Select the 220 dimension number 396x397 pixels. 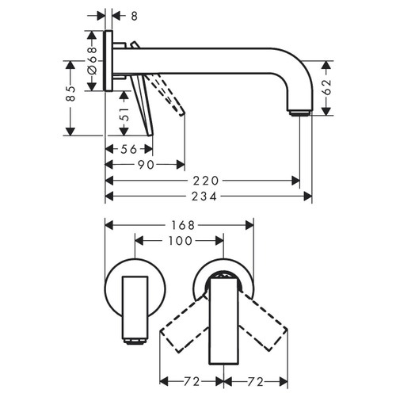click(x=204, y=180)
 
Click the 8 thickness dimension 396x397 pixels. click(x=135, y=15)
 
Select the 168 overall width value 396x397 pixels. click(x=182, y=225)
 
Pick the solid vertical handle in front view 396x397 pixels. click(x=224, y=325)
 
